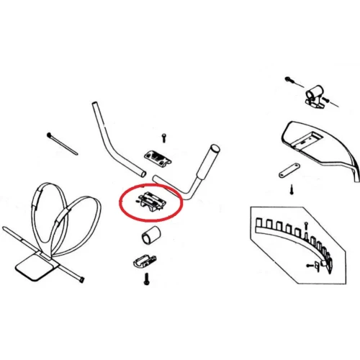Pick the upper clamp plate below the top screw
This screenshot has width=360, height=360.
point(157,156)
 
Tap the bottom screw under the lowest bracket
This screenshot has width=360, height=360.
point(147,278)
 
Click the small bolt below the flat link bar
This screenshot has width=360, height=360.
point(291,190)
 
